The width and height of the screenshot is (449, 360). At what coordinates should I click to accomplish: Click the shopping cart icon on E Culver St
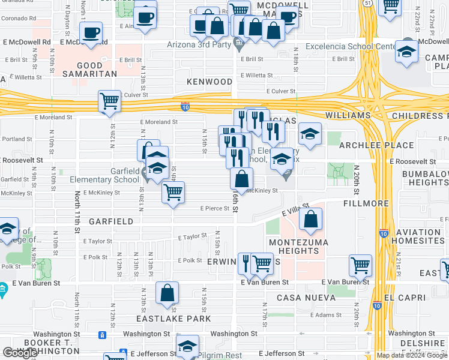pyautogui.click(x=109, y=101)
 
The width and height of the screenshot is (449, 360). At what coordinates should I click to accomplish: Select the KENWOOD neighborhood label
pyautogui.click(x=209, y=81)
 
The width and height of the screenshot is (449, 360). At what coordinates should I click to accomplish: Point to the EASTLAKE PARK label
pyautogui.click(x=174, y=319)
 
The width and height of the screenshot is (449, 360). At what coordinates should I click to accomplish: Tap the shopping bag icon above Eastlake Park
pyautogui.click(x=167, y=293)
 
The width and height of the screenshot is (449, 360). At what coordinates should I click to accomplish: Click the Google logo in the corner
pyautogui.click(x=20, y=353)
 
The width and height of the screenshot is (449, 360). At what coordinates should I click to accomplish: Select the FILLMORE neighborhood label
pyautogui.click(x=367, y=204)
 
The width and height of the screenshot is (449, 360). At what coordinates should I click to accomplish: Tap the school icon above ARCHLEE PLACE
pyautogui.click(x=310, y=134)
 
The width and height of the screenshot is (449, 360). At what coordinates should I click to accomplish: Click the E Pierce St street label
pyautogui.click(x=215, y=209)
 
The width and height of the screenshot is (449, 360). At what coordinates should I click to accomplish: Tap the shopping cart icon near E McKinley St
pyautogui.click(x=173, y=192)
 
